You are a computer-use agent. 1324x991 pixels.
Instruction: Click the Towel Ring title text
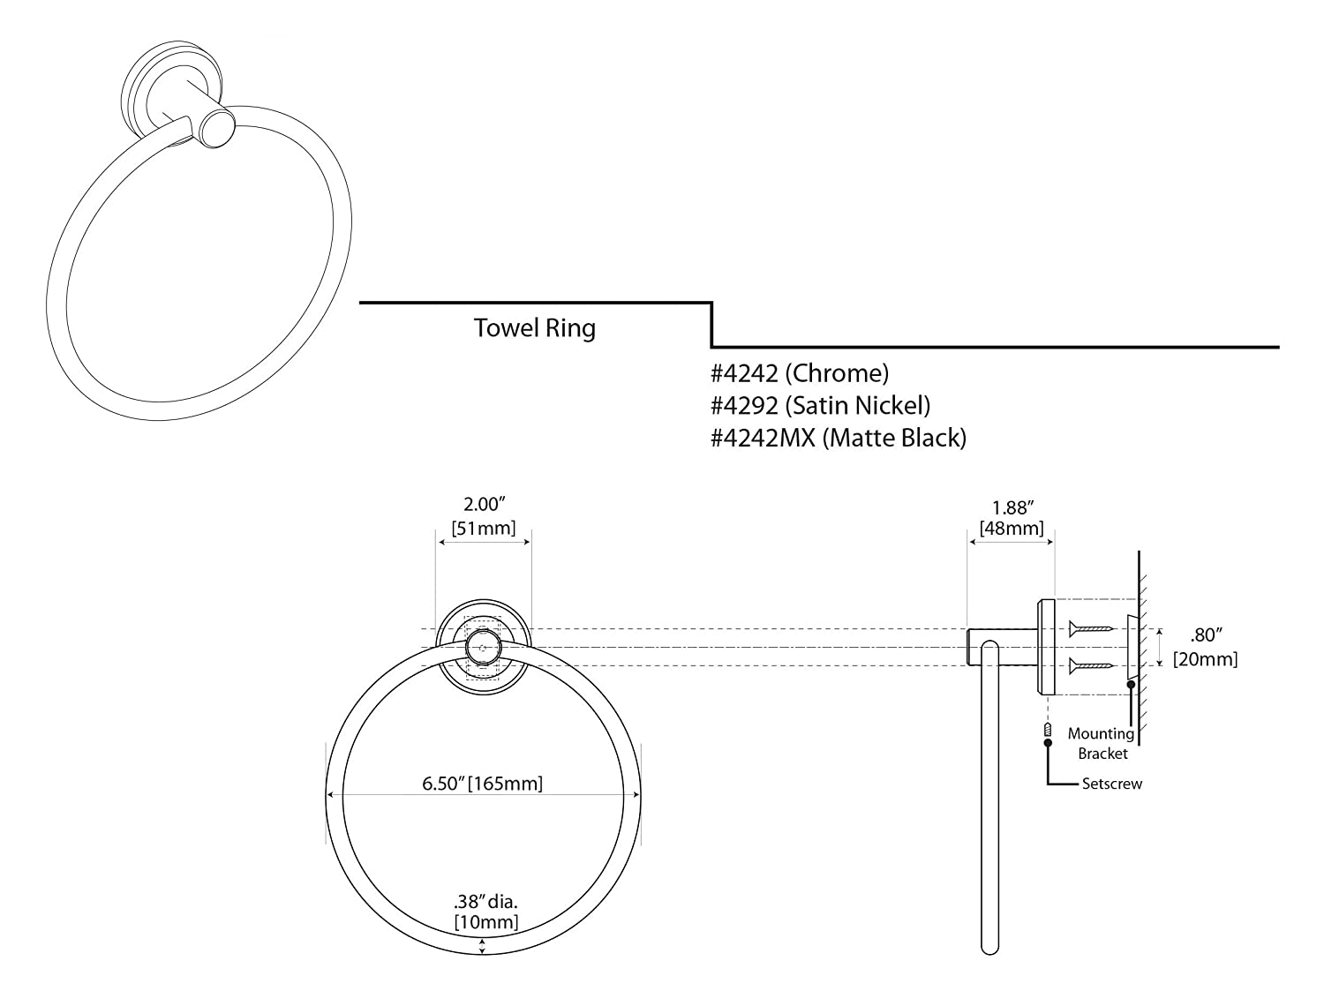pyautogui.click(x=535, y=328)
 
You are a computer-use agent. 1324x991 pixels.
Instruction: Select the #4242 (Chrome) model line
pyautogui.click(x=800, y=373)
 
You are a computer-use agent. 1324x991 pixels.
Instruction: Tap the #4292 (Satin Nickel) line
pyautogui.click(x=821, y=405)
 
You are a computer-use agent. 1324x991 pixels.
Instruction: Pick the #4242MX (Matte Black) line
pyautogui.click(x=839, y=437)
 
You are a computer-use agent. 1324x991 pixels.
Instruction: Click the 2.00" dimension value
pyautogui.click(x=484, y=505)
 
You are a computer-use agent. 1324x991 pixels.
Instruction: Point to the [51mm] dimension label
pyautogui.click(x=484, y=529)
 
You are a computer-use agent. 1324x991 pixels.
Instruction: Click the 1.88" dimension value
pyautogui.click(x=1012, y=507)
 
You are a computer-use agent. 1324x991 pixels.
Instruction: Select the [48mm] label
pyautogui.click(x=1012, y=529)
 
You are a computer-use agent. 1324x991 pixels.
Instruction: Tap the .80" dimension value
pyautogui.click(x=1205, y=634)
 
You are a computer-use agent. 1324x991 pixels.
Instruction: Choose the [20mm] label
pyautogui.click(x=1205, y=658)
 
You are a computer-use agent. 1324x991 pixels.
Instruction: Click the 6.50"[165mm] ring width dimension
pyautogui.click(x=482, y=783)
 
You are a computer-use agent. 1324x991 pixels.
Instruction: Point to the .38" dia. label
pyautogui.click(x=485, y=901)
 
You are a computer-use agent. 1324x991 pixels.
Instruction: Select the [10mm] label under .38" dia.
pyautogui.click(x=485, y=922)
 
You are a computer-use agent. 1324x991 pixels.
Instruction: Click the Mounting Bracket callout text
pyautogui.click(x=1102, y=743)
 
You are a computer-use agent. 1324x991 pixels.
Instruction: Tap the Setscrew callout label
pyautogui.click(x=1112, y=784)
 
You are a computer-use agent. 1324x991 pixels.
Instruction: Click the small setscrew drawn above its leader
pyautogui.click(x=1048, y=730)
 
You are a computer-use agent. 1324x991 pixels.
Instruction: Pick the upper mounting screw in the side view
pyautogui.click(x=1091, y=629)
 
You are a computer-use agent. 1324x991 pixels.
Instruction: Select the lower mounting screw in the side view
pyautogui.click(x=1091, y=665)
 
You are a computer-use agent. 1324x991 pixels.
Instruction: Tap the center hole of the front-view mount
pyautogui.click(x=483, y=647)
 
